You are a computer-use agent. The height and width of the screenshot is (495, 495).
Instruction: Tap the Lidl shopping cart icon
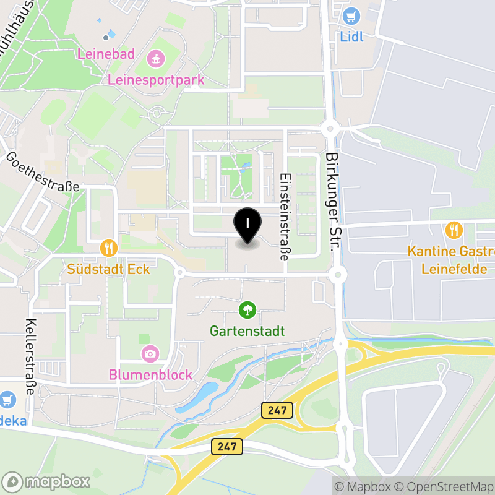(x=352, y=16)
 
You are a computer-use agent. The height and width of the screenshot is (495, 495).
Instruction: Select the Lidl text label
(x=352, y=37)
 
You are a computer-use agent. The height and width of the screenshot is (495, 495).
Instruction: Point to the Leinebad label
(x=106, y=54)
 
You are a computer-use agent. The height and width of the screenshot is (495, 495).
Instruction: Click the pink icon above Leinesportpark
(x=156, y=59)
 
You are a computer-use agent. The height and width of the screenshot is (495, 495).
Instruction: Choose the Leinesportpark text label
(x=156, y=80)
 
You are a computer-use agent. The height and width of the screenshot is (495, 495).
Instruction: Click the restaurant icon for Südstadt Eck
(x=109, y=249)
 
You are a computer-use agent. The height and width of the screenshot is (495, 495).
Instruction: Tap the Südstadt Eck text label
(x=109, y=270)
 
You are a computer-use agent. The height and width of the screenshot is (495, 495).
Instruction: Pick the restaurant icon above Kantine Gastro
(x=454, y=231)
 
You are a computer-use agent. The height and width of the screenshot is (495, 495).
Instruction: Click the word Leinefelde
(x=454, y=270)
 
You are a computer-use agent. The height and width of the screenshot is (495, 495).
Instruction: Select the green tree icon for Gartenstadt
(x=247, y=309)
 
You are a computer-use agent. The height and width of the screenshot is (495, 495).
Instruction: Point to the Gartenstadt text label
(x=247, y=331)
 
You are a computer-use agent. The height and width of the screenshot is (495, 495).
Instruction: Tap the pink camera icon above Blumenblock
(x=150, y=354)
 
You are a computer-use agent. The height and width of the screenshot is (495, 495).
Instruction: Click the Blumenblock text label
(x=150, y=375)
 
